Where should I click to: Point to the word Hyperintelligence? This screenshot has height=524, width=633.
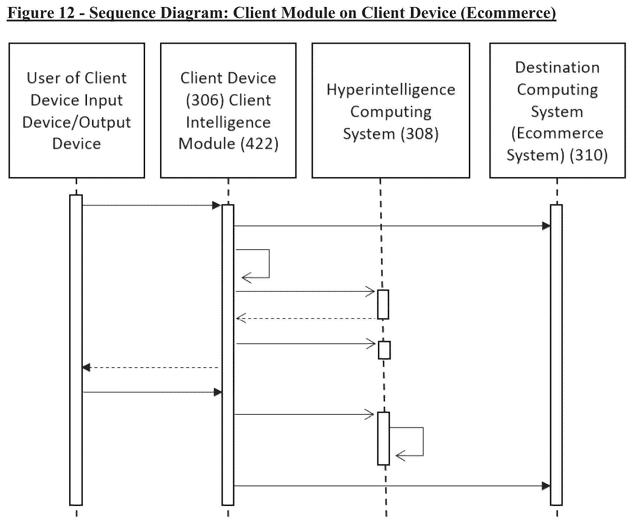tap(391, 90)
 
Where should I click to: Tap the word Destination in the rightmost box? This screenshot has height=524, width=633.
tap(557, 68)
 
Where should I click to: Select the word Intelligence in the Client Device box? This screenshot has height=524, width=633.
tap(228, 123)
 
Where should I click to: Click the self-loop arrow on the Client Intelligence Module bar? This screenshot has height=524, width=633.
tap(269, 264)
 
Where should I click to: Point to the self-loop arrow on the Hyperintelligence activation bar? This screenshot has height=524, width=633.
tap(423, 441)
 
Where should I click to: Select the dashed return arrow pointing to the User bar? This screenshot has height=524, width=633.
tap(151, 368)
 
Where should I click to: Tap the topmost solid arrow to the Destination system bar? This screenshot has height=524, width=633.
tap(392, 226)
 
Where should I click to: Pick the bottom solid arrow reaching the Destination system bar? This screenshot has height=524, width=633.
tap(392, 486)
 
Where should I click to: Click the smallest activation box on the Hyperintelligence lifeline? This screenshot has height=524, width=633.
tap(384, 350)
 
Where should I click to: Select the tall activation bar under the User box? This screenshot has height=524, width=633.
tap(76, 350)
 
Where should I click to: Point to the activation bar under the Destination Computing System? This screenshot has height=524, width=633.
tap(556, 355)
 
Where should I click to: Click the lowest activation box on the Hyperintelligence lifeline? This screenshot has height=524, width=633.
tap(384, 438)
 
